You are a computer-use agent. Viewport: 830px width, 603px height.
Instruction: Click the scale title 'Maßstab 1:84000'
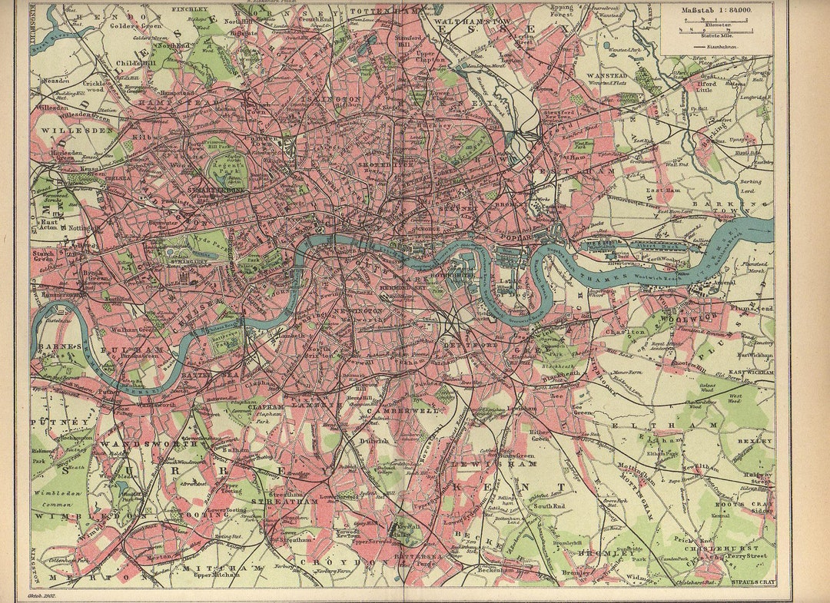coord(717,10)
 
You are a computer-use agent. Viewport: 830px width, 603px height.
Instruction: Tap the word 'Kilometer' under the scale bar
coord(715,25)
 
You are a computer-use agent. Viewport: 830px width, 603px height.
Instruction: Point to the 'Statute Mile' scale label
coord(715,36)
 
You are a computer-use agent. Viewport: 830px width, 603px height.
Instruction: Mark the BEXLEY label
coord(755,442)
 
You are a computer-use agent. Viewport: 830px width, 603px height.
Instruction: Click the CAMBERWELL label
coord(415,410)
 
